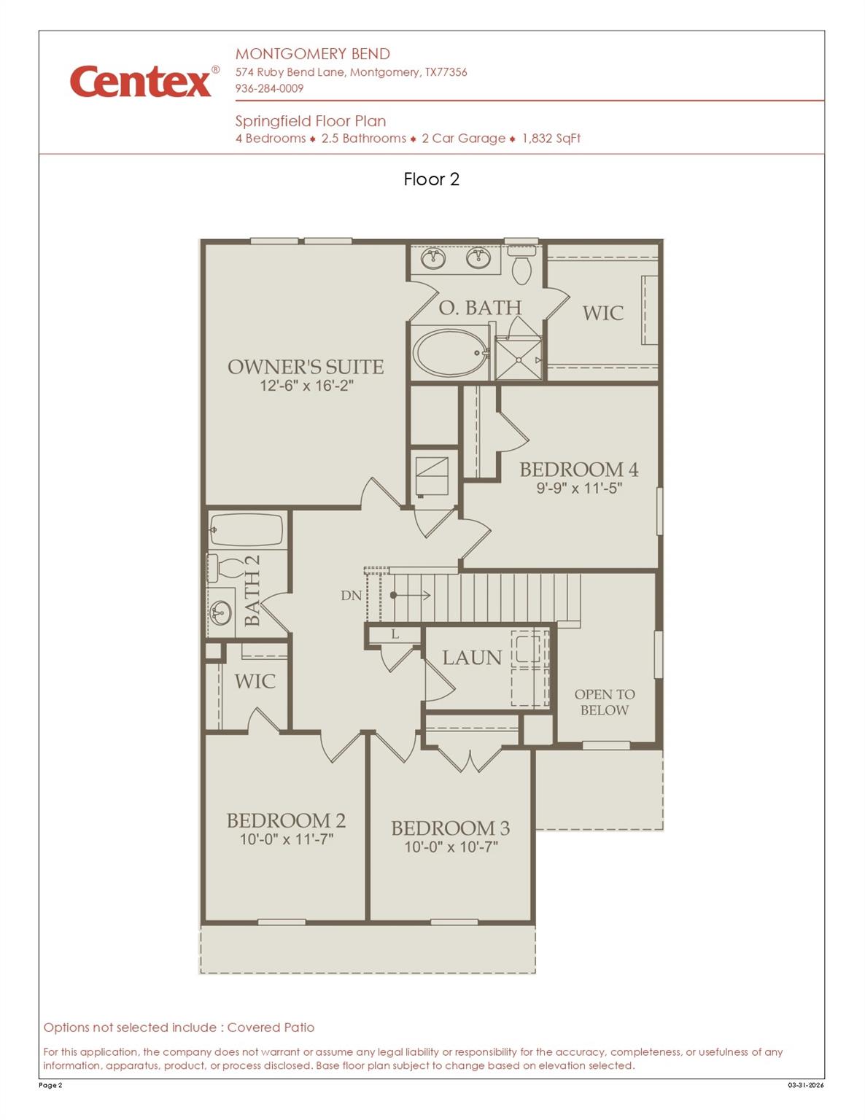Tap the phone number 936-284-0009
(x=269, y=88)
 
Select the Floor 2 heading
(x=431, y=179)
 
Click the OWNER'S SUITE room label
(x=306, y=367)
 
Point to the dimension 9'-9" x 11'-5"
(x=579, y=489)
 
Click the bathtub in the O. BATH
(x=450, y=353)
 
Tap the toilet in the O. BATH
(x=521, y=266)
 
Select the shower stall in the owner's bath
(x=519, y=359)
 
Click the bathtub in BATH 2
(x=246, y=530)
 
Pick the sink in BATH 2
(x=220, y=612)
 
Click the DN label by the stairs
(x=351, y=596)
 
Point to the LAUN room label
(x=472, y=658)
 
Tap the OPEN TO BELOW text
(x=605, y=702)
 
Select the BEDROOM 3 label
(x=450, y=828)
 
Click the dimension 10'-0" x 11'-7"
(x=287, y=839)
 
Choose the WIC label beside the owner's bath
(x=602, y=314)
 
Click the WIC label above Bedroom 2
(x=255, y=682)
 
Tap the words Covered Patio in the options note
(x=271, y=1027)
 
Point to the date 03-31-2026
(x=805, y=1085)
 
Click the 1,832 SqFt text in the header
(x=551, y=139)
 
